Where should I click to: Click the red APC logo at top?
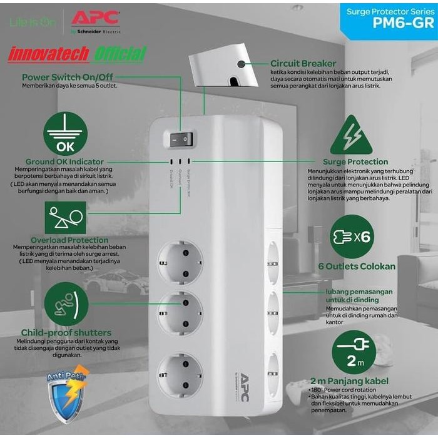click(95, 17)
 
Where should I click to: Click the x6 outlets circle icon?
click(351, 235)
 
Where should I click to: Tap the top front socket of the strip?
click(180, 262)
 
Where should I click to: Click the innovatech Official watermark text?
click(77, 54)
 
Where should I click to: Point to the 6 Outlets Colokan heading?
click(357, 266)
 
